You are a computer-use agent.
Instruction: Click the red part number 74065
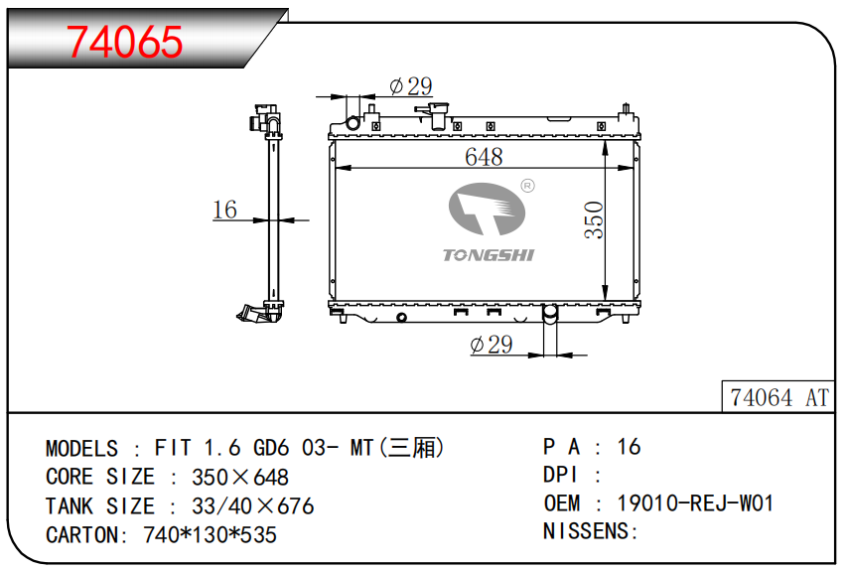coord(124,42)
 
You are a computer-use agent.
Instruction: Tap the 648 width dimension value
coord(484,157)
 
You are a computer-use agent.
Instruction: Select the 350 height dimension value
coord(594,219)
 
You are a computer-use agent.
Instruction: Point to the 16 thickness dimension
coord(224,210)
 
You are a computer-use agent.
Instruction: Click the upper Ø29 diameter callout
coord(410,85)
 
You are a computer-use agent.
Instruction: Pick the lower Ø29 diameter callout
coord(492,345)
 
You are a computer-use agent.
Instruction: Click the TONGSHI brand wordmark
coord(489,255)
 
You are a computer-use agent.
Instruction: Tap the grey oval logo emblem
coord(487,209)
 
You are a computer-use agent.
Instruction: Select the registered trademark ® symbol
coord(527,186)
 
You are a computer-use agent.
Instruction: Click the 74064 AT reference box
coord(778,397)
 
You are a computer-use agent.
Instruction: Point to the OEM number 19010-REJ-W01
coord(695,502)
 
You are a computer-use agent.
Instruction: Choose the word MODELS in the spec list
coord(81,449)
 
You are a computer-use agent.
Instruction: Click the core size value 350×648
coord(240,477)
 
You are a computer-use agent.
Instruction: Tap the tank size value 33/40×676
coord(253,506)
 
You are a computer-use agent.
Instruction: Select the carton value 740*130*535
coord(210,535)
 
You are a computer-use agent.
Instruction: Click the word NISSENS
coord(586,531)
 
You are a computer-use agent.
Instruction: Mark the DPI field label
coord(560,475)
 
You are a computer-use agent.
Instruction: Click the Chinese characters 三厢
coord(412,448)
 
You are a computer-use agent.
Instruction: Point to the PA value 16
coord(629,447)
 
